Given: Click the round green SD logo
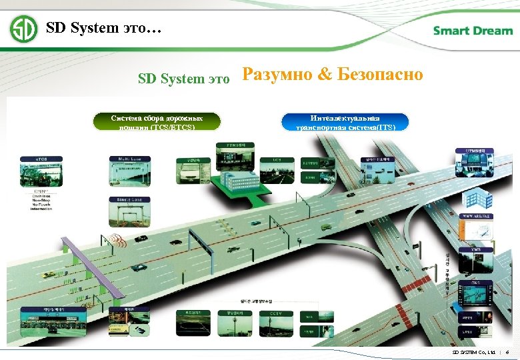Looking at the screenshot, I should (x=23, y=29).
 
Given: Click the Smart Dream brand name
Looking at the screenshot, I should (x=473, y=31).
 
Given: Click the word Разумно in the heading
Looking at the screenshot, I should (x=277, y=74).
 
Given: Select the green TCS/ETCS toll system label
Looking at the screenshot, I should (x=157, y=121).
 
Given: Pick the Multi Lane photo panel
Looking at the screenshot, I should (x=130, y=172).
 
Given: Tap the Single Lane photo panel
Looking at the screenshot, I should (x=130, y=211).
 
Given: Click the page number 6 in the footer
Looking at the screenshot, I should (x=508, y=351).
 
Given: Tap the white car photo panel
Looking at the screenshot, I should (x=191, y=171).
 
